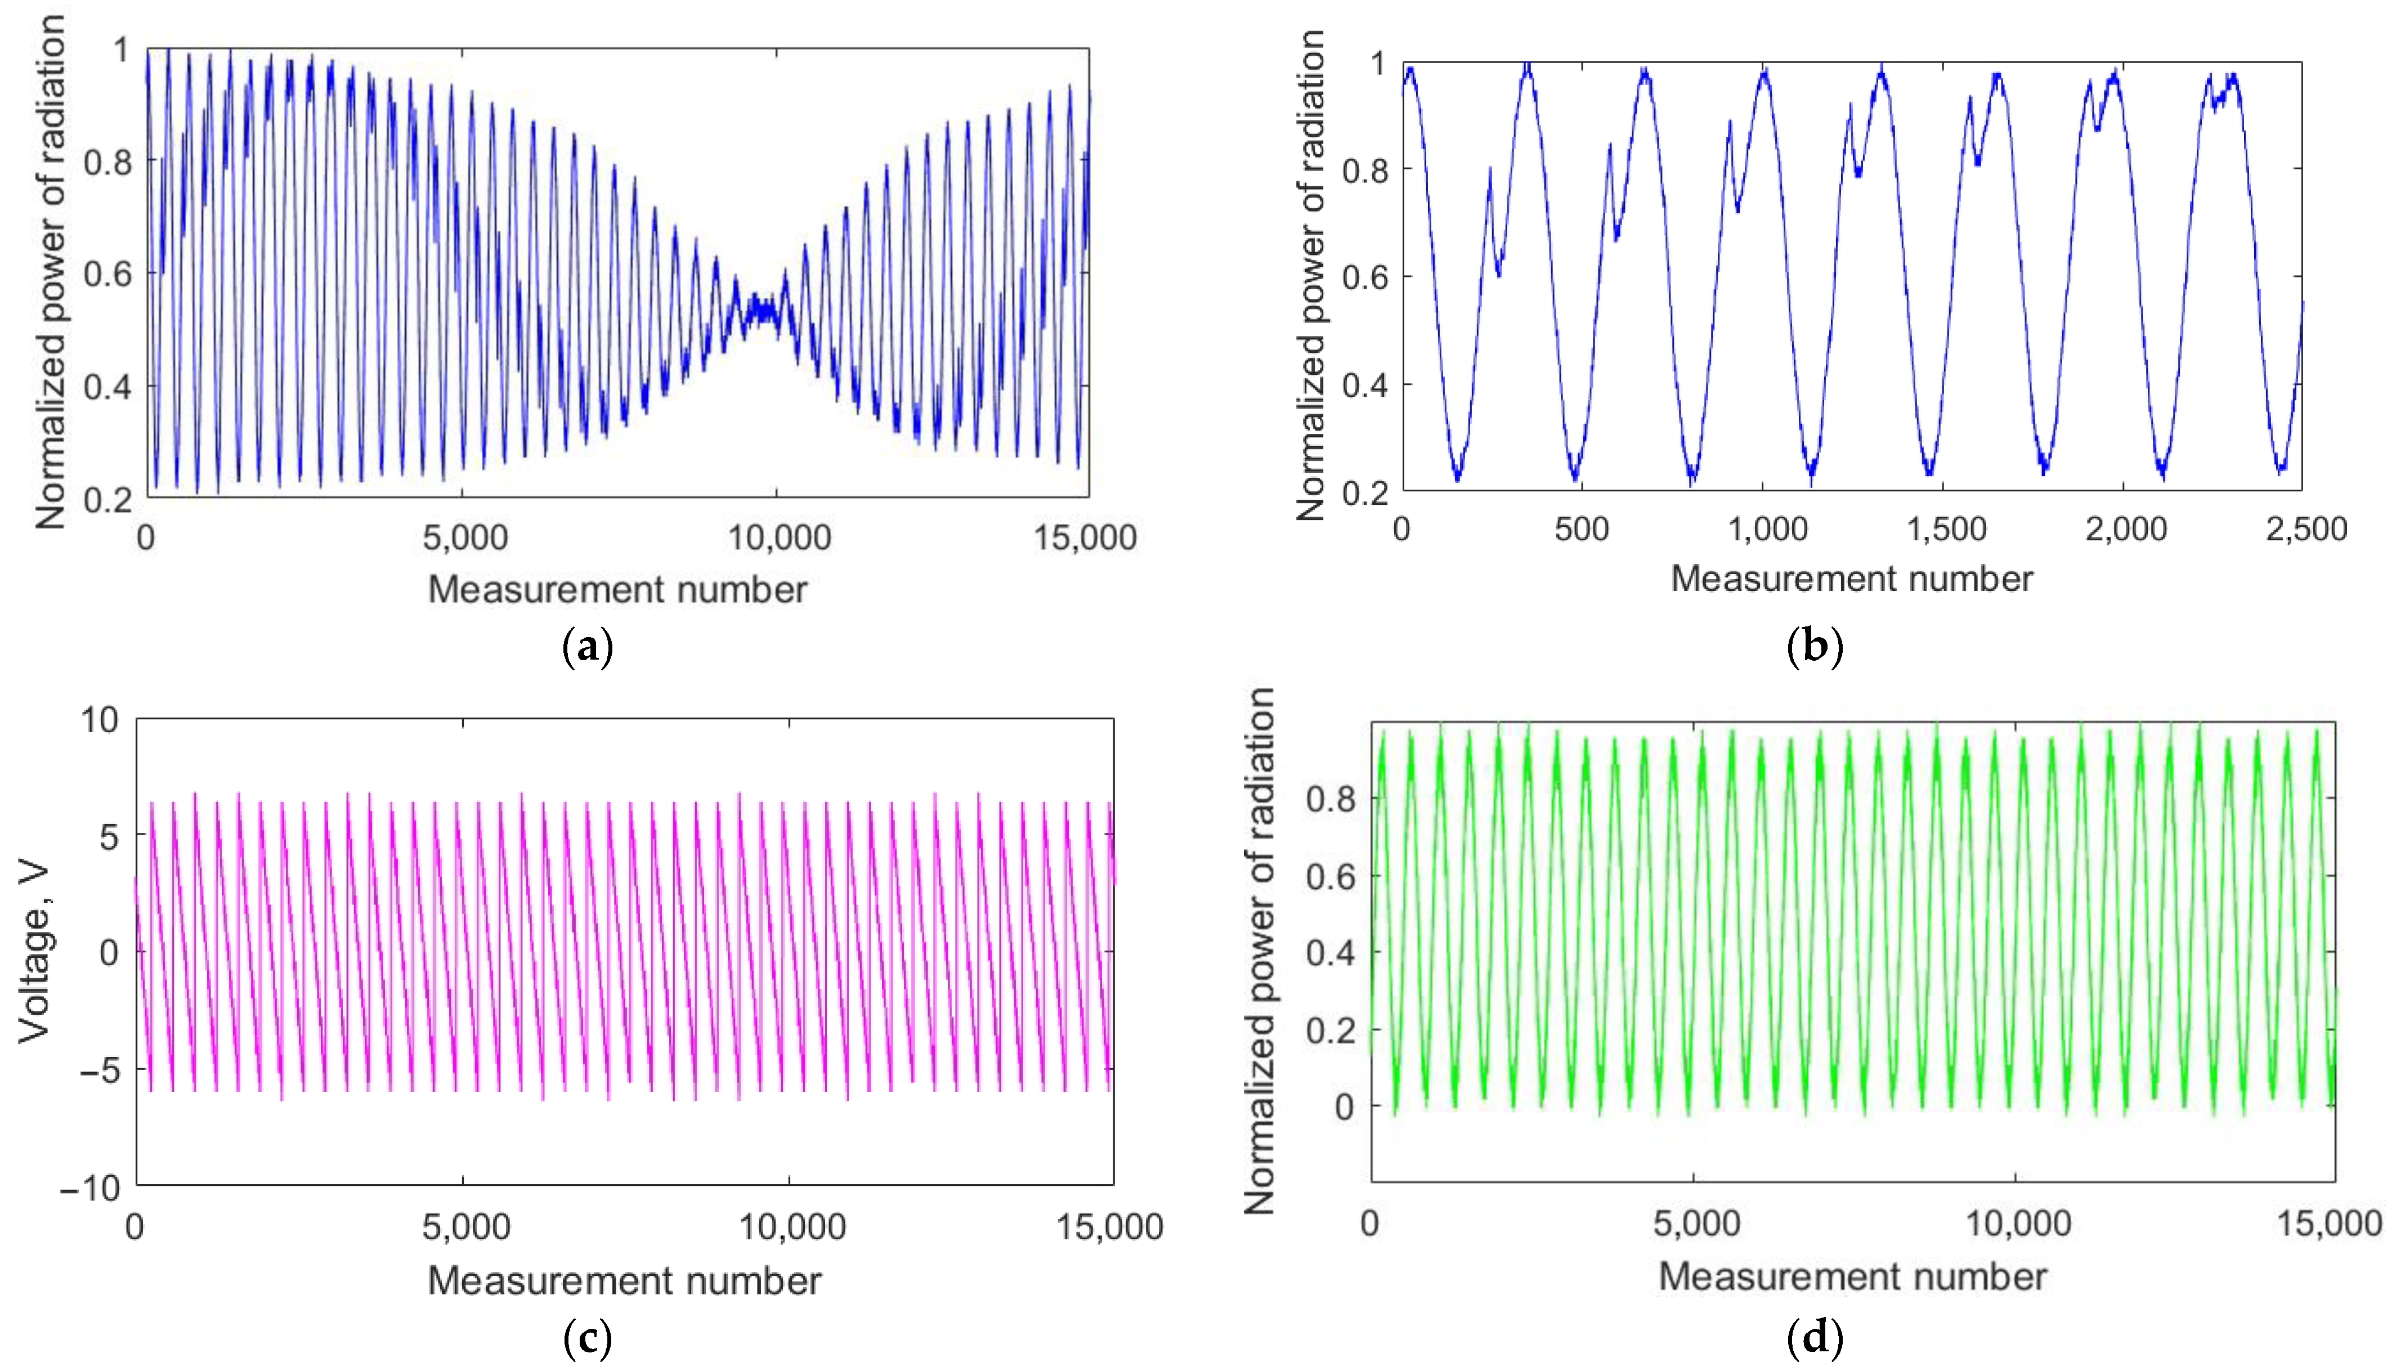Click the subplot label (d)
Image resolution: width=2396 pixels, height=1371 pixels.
[x=1813, y=1338]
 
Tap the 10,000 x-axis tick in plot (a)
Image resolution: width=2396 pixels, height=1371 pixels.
[x=778, y=537]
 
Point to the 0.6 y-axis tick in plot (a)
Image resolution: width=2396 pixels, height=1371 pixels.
[x=108, y=274]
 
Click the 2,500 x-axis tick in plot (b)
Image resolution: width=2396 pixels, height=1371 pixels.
[x=2305, y=529]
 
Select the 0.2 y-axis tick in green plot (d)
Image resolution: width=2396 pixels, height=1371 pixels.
[x=1331, y=1029]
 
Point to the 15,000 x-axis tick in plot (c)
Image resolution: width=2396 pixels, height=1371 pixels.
[x=1109, y=1227]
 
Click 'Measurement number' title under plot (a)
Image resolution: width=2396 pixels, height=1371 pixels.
[x=617, y=589]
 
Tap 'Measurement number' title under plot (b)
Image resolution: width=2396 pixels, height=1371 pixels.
[x=1851, y=578]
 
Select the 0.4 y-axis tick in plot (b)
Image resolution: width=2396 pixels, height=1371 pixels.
[x=1365, y=385]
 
